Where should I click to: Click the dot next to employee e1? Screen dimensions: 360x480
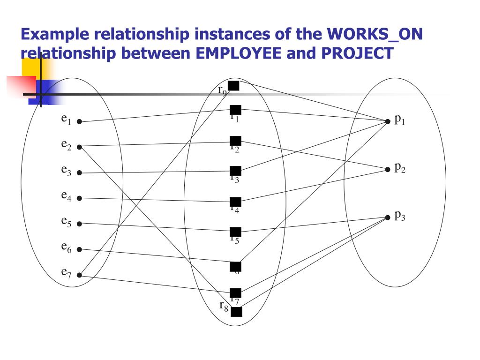79,122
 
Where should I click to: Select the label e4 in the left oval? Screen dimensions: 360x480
66,195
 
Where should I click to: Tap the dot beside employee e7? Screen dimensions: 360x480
79,275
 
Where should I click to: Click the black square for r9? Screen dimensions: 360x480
233,86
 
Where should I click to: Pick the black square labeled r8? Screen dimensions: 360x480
237,312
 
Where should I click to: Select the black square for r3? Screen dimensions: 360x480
236,171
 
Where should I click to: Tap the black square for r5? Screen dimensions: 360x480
236,232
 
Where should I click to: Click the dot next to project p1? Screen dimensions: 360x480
387,121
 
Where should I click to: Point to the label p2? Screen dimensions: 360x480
399,167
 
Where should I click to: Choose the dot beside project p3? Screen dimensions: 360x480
387,217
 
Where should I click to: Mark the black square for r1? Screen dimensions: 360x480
236,110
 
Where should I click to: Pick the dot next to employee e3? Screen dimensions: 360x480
79,173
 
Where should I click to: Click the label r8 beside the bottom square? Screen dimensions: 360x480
224,306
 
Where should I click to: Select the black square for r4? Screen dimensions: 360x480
236,202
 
